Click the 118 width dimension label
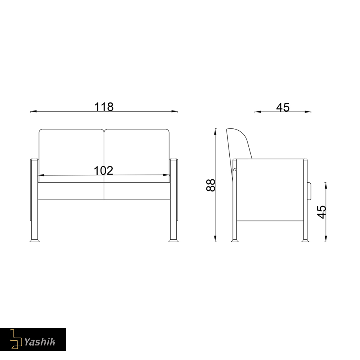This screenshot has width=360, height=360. tap(104, 107)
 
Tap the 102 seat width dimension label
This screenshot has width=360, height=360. tap(104, 171)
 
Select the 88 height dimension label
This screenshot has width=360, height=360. tap(211, 185)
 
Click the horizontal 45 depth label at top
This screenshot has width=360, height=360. tap(283, 107)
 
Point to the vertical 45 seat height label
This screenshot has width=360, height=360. tap(321, 212)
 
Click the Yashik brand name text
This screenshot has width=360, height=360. tap(40, 342)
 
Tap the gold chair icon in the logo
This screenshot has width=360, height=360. tap(15, 339)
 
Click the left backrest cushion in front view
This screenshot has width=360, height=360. tap(71, 155)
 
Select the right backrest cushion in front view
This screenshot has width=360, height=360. tap(137, 155)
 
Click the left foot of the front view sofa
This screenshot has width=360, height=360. tap(35, 240)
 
